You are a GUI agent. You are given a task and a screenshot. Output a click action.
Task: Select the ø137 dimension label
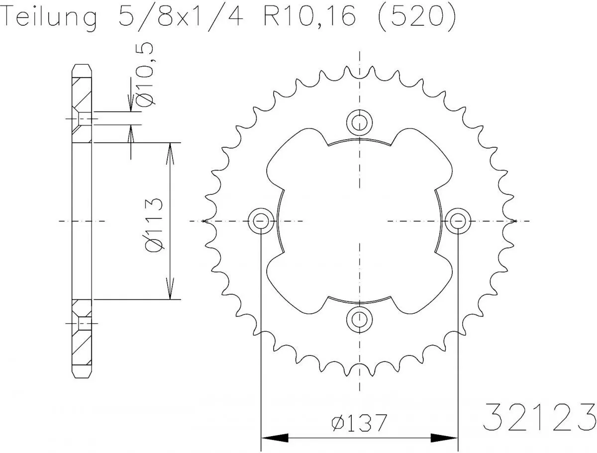(359, 423)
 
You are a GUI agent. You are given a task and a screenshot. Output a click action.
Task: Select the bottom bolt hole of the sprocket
(359, 319)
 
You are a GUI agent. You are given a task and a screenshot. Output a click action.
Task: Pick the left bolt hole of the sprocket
(261, 221)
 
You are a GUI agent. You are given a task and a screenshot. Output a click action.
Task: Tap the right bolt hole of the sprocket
(457, 221)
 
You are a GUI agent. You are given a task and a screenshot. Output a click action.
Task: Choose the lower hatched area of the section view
(82, 348)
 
